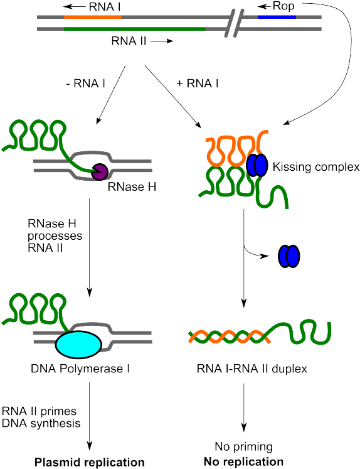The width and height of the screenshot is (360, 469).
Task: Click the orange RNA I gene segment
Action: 93,17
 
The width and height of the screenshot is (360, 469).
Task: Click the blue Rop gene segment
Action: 277,17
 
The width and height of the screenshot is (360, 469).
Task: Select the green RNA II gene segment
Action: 135,29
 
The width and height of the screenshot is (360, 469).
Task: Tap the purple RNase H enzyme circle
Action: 99,172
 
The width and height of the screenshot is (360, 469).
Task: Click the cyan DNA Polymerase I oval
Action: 79,345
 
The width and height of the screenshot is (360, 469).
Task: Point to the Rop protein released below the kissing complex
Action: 289,256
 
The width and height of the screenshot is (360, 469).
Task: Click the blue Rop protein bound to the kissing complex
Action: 257,165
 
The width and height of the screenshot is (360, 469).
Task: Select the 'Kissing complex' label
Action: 316,167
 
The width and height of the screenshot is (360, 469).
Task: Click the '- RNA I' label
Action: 86,84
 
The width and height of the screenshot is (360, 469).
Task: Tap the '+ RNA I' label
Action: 198,84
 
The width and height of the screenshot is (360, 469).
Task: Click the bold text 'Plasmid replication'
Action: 90,462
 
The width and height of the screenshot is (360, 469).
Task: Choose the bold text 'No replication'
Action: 243,461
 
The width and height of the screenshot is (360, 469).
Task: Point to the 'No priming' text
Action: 244,446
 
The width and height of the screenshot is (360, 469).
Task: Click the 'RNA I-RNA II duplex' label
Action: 252,369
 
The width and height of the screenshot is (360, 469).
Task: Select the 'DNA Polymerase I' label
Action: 80,369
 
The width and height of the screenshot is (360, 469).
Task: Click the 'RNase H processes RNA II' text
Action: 55,235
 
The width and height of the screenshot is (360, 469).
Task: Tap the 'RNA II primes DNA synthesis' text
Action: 41,418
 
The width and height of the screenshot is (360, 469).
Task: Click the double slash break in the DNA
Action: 234,23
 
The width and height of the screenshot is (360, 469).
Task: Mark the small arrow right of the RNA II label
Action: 162,41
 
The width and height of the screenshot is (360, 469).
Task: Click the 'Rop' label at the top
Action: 283,6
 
